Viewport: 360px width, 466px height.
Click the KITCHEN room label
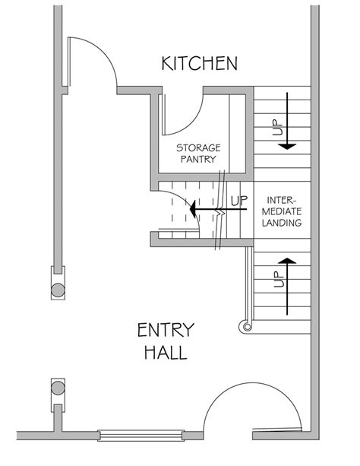pyautogui.click(x=199, y=63)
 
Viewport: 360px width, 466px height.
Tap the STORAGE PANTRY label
pyautogui.click(x=198, y=154)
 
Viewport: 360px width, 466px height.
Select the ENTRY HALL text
pyautogui.click(x=166, y=341)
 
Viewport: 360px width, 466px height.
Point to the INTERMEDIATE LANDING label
pyautogui.click(x=282, y=211)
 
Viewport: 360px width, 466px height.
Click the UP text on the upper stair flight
pyautogui.click(x=277, y=127)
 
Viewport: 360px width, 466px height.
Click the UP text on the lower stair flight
pyautogui.click(x=279, y=279)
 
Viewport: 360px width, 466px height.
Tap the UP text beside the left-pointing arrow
pyautogui.click(x=239, y=201)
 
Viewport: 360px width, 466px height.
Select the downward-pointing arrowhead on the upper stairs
pyautogui.click(x=287, y=147)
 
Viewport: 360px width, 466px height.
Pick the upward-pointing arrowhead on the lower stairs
pyautogui.click(x=287, y=261)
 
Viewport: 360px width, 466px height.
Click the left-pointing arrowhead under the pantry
pyautogui.click(x=192, y=209)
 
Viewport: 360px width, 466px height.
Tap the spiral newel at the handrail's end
pyautogui.click(x=247, y=327)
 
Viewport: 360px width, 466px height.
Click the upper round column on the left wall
pyautogui.click(x=58, y=290)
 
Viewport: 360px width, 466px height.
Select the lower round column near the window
pyautogui.click(x=58, y=388)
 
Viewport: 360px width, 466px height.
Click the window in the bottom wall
pyautogui.click(x=141, y=436)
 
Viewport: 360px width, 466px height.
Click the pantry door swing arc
pyautogui.click(x=193, y=122)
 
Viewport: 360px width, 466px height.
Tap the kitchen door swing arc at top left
pyautogui.click(x=104, y=52)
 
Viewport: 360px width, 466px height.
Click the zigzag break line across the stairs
pyautogui.click(x=220, y=210)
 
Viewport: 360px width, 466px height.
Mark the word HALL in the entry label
pyautogui.click(x=166, y=353)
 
